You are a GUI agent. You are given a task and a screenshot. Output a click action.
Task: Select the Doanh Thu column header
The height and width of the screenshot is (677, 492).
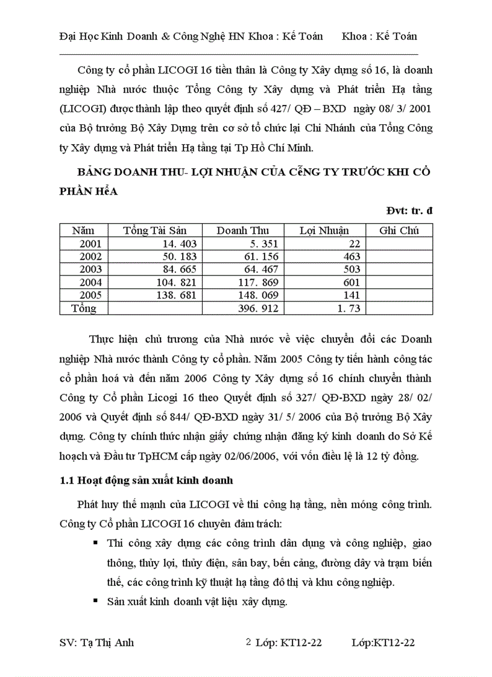(x=243, y=230)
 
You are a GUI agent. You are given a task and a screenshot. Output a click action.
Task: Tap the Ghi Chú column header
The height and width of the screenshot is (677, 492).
(x=399, y=230)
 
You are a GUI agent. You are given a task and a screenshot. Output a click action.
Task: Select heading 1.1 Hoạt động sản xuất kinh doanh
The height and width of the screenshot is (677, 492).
(x=147, y=480)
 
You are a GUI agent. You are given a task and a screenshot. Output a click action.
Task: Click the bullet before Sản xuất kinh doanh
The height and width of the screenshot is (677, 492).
(x=95, y=600)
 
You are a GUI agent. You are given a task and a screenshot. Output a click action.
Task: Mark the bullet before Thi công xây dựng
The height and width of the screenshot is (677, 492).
(x=95, y=543)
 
